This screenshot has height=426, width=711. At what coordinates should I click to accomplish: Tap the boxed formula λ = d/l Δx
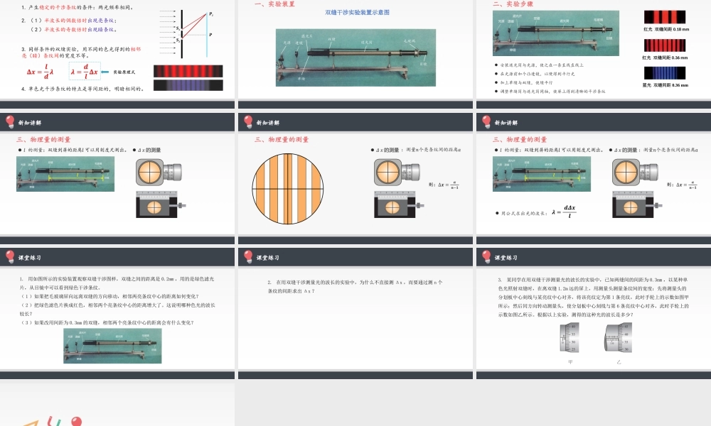85,72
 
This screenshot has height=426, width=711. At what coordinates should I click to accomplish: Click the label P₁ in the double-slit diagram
212,13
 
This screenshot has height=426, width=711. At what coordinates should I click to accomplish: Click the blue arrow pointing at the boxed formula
107,72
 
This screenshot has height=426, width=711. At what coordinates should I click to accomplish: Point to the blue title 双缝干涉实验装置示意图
356,13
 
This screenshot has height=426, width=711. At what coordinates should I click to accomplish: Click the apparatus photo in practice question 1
107,346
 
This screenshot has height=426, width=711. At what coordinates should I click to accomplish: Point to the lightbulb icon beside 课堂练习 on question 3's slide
486,256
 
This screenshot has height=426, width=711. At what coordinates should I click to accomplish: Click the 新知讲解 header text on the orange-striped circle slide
268,122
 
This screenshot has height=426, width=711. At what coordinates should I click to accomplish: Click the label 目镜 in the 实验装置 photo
424,64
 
